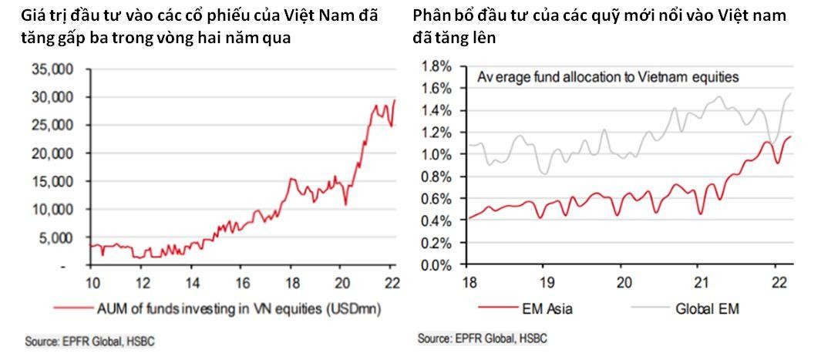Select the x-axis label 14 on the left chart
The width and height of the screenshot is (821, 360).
[193, 281]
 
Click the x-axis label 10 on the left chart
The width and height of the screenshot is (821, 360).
[92, 281]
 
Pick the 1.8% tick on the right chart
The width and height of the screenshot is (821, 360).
[436, 66]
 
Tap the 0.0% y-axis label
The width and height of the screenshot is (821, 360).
[436, 266]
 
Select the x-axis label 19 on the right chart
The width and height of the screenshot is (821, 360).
[546, 281]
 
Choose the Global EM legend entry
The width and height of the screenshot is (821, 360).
[705, 310]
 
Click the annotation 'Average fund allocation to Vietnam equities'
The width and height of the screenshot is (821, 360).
[608, 77]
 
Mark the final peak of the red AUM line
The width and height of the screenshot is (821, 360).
[395, 99]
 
